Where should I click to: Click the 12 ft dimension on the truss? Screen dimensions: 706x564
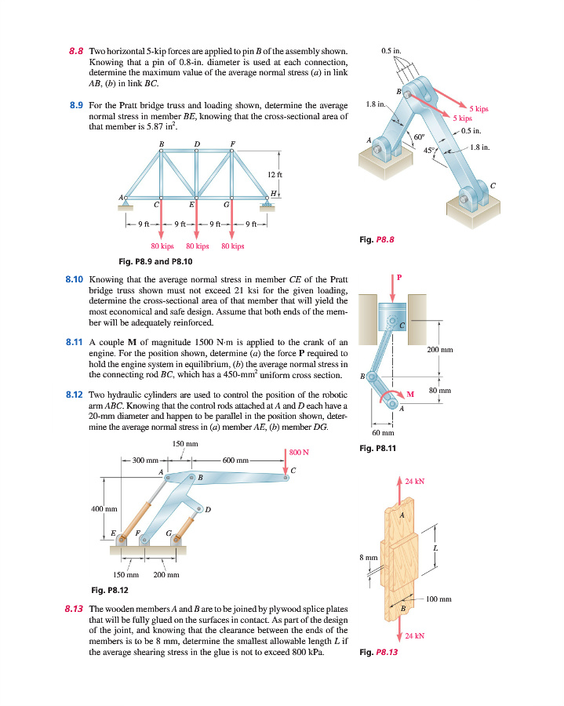274,173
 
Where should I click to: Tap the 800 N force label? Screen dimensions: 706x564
299,452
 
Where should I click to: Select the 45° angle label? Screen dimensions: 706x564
431,150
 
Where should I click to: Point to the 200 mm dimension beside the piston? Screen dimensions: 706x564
440,349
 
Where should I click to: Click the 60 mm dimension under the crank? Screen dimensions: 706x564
381,432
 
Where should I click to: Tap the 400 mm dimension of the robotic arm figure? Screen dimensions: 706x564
104,509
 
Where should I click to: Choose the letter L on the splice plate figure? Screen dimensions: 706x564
435,547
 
